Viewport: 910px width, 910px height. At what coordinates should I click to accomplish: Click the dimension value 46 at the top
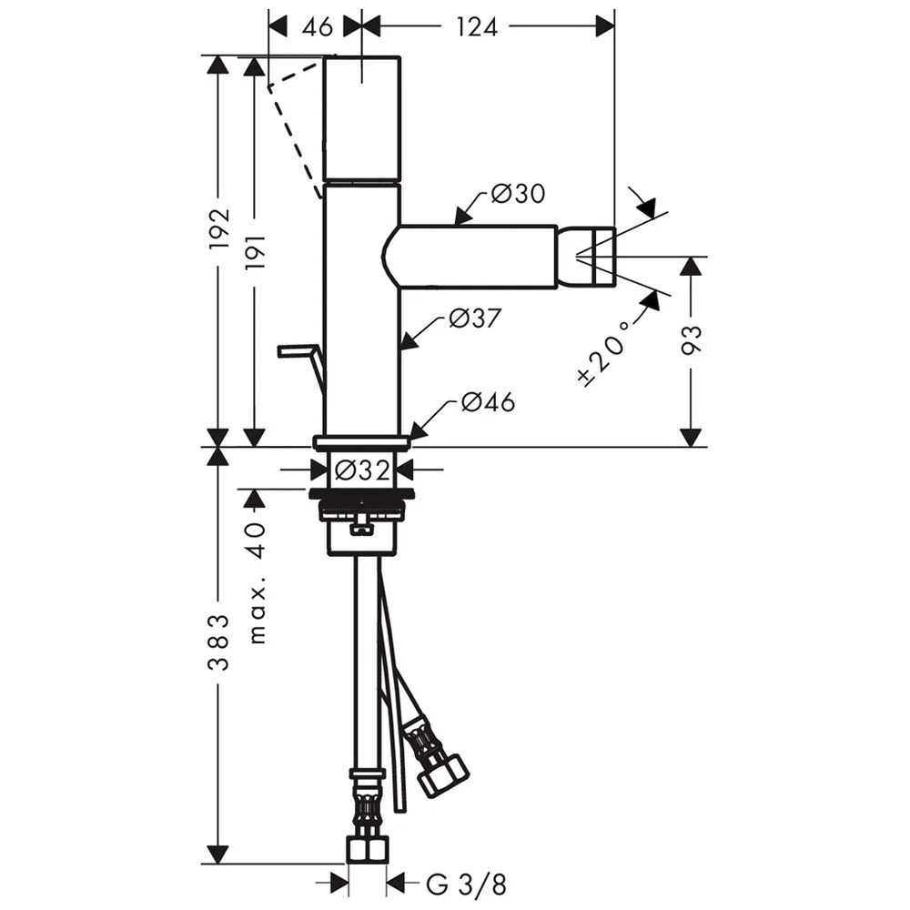[x=316, y=26]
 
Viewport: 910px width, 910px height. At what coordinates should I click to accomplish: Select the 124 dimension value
[x=477, y=26]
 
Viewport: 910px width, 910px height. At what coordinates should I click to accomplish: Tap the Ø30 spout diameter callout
[x=517, y=194]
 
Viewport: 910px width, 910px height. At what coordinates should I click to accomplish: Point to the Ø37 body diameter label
[x=478, y=318]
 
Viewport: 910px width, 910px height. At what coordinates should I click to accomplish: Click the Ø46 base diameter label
[x=488, y=401]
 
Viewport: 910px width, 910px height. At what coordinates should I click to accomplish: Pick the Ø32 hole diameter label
[x=361, y=470]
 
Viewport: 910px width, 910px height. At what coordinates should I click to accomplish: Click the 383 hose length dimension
[x=218, y=642]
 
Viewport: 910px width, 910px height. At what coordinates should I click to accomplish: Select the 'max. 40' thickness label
[x=257, y=582]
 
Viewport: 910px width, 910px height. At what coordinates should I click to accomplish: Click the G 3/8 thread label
[x=465, y=883]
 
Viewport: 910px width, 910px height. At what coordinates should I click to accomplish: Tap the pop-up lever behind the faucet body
[x=300, y=355]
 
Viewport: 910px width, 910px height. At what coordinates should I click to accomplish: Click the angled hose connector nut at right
[x=444, y=773]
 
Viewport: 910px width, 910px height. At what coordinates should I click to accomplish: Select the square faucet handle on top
[x=362, y=118]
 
